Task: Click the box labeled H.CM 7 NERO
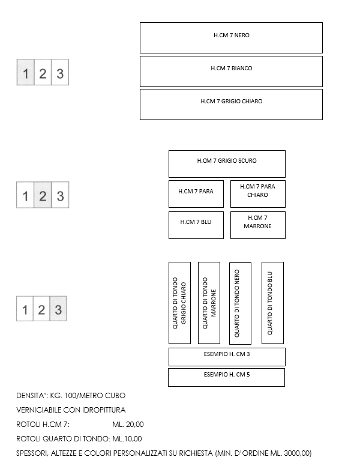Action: [x=231, y=38]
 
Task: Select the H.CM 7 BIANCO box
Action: [x=231, y=71]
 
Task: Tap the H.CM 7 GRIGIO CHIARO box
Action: [x=231, y=104]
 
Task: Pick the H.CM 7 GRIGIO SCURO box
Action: [x=227, y=163]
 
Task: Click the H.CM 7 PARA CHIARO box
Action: [x=257, y=193]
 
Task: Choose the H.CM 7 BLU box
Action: [x=196, y=225]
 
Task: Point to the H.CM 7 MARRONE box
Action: [x=257, y=225]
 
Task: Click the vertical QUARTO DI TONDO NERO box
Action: [x=240, y=303]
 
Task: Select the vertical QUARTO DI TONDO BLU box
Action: [x=272, y=303]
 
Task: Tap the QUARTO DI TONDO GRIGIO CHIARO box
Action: [x=179, y=303]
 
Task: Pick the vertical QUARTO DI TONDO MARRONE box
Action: [x=209, y=303]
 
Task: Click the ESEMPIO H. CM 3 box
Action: [x=227, y=356]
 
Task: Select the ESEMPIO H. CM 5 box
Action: [x=226, y=377]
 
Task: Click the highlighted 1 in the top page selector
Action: [x=25, y=74]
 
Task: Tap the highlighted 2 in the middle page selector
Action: [x=43, y=196]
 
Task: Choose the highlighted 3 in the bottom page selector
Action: [x=58, y=310]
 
